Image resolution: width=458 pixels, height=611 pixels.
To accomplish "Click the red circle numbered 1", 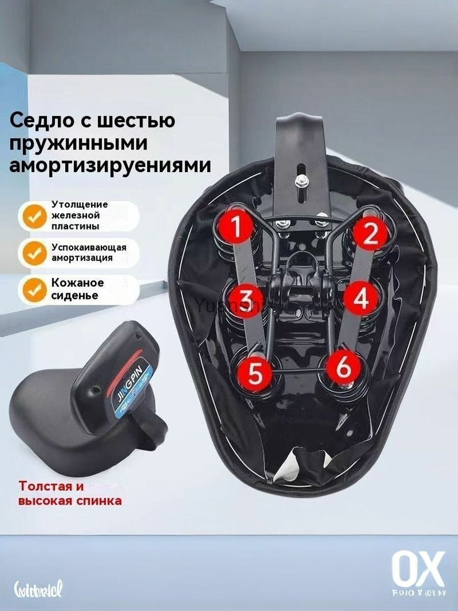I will click(236, 227).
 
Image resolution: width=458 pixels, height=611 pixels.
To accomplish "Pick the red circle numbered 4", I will click(360, 299).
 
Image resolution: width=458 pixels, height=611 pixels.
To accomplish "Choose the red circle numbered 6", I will click(344, 368).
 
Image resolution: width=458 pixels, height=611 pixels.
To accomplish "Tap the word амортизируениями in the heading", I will click(110, 165).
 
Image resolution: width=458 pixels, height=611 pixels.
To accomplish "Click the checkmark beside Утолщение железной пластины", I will click(34, 216).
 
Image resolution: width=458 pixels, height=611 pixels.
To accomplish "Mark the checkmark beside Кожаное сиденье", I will click(34, 289).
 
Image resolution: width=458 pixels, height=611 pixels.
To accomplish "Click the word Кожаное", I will click(77, 283).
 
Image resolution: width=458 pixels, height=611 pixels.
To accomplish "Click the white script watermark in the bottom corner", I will click(38, 591).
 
